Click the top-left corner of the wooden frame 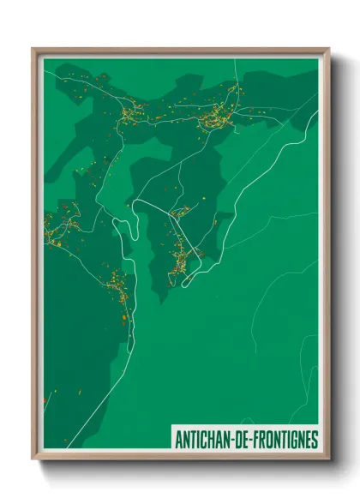coord(33,49)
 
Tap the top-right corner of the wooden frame coord(328,49)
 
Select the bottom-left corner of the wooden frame coord(33,459)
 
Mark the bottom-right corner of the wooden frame coord(328,459)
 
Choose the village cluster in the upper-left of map coord(132,112)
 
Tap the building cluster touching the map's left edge coord(55,225)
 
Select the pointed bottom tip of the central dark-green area coord(161,300)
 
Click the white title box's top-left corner coord(171,427)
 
